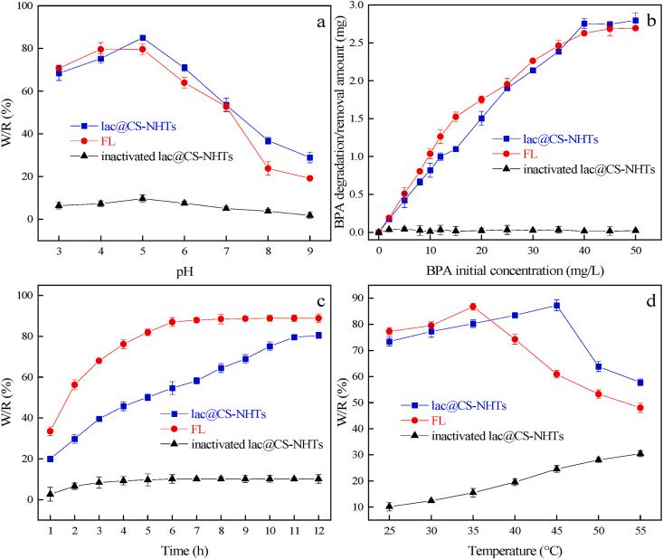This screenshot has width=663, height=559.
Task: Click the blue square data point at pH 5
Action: point(143,38)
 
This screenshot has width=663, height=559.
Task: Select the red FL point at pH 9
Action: point(310,178)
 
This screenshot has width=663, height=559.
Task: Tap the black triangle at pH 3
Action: point(59,205)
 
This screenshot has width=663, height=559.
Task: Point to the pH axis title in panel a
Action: point(185,269)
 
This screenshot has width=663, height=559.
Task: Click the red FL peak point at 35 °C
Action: point(473,307)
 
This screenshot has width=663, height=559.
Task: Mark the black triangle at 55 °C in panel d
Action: point(640,453)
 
